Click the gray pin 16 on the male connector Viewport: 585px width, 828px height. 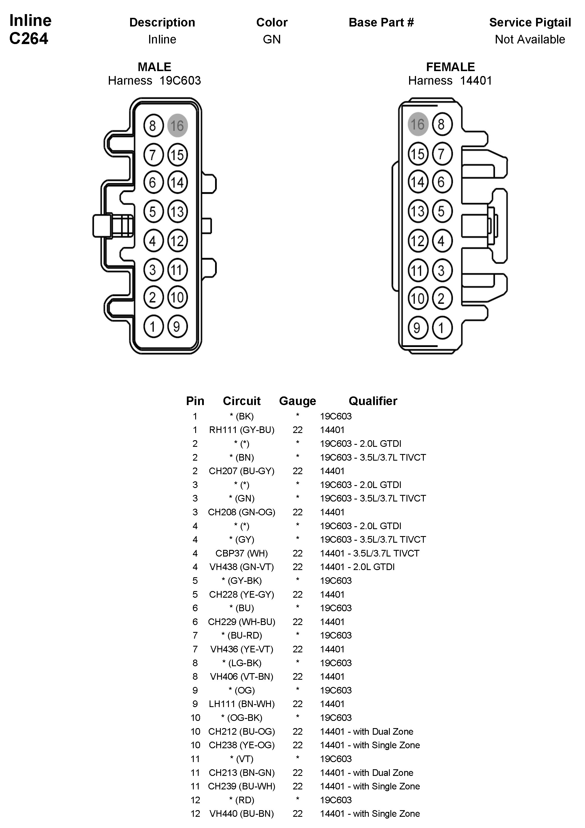[x=177, y=126]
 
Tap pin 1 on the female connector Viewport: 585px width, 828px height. [x=442, y=328]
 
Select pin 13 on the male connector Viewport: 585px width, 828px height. [x=177, y=211]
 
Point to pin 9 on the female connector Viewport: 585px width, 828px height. [x=417, y=328]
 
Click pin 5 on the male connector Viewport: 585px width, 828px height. [x=153, y=211]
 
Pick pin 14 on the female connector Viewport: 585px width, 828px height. [x=418, y=181]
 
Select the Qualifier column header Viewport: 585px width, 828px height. [x=373, y=401]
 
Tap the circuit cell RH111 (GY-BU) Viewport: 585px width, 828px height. [x=242, y=430]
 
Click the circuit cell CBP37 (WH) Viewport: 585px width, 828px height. [x=242, y=553]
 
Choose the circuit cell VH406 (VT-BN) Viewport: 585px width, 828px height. [x=242, y=677]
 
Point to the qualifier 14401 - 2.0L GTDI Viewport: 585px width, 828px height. [x=357, y=567]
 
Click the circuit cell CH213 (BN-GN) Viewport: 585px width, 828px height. [x=242, y=772]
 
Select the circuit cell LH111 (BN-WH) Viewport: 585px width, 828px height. [x=242, y=704]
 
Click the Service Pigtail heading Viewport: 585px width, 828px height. [x=530, y=22]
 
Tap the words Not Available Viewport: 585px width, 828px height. [x=530, y=39]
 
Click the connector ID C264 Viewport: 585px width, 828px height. [x=29, y=39]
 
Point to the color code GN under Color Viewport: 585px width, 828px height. [x=271, y=39]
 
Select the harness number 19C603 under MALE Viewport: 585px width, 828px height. [x=180, y=80]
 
